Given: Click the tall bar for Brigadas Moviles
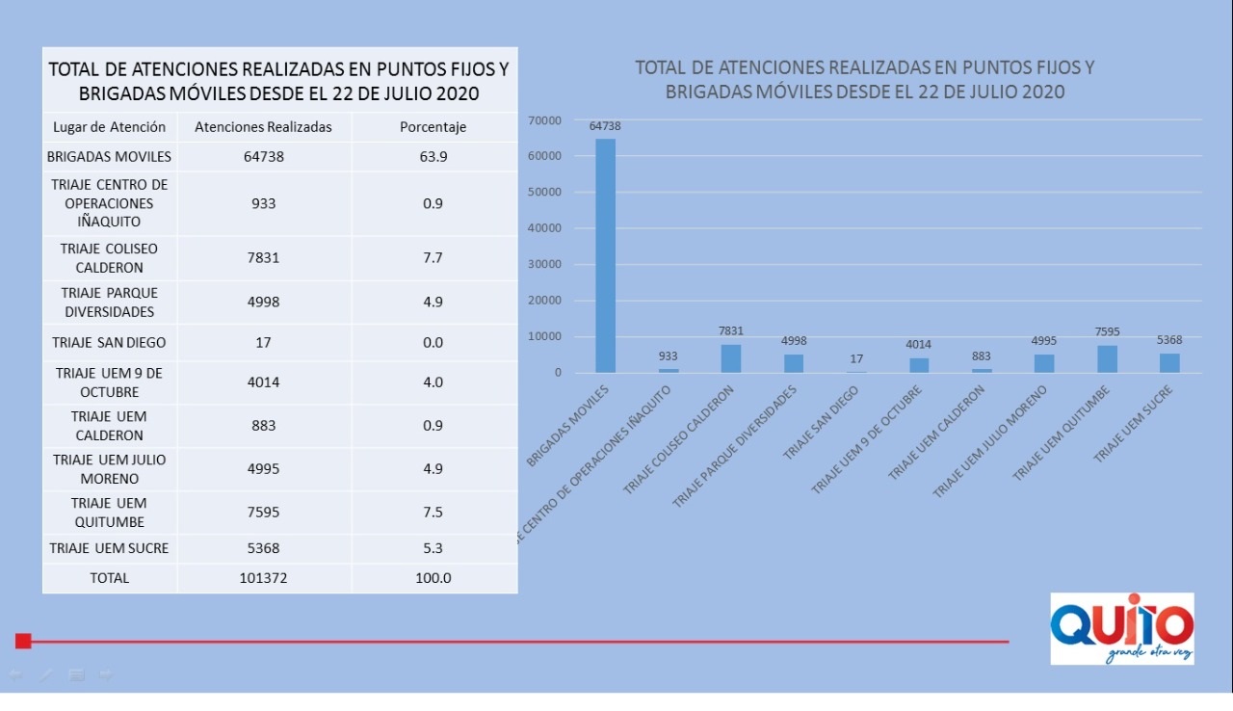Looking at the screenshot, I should click(605, 255).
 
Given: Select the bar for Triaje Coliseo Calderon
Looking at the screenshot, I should click(731, 358).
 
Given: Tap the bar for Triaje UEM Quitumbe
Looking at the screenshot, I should click(1107, 358).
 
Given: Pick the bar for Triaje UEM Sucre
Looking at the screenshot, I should click(1169, 362).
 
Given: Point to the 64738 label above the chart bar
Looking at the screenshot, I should click(605, 126).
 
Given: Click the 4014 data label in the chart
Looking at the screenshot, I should click(919, 344).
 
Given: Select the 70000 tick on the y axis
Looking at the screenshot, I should click(545, 120).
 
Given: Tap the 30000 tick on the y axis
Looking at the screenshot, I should click(545, 265).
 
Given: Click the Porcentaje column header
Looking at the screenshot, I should click(433, 127).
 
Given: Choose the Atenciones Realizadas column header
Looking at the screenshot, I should click(263, 127).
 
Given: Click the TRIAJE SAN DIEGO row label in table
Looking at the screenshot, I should click(109, 342).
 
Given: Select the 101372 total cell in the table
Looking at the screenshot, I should click(263, 578).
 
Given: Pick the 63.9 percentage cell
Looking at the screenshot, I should click(433, 156).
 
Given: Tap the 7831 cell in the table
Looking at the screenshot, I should click(263, 257).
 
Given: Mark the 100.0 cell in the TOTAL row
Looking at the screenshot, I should click(433, 578).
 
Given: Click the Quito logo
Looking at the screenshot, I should click(1122, 628).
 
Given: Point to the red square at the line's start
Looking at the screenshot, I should click(23, 641).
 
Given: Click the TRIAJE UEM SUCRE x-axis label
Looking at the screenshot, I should click(1132, 424).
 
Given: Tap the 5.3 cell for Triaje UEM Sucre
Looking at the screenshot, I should click(433, 548).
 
